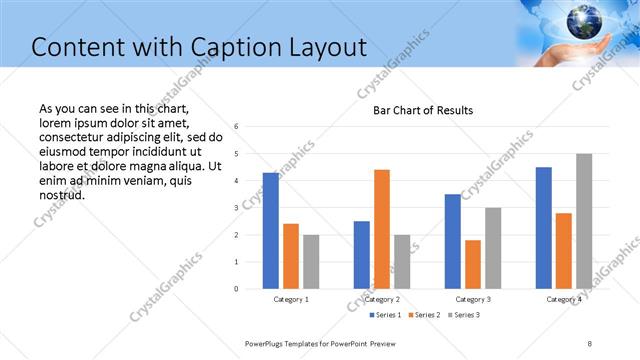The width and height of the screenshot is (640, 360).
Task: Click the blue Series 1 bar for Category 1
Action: (x=271, y=231)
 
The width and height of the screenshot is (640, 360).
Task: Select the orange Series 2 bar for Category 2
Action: (x=382, y=229)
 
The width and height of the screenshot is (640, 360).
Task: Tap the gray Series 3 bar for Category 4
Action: (x=584, y=221)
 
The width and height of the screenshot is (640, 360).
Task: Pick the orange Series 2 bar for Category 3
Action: (x=473, y=264)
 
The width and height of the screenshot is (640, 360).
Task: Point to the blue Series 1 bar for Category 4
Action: (x=544, y=228)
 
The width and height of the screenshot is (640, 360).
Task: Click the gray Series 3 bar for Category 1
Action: (x=311, y=262)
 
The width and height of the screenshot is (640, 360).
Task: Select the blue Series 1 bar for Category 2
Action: (x=362, y=255)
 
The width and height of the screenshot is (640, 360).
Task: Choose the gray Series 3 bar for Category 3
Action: (x=493, y=248)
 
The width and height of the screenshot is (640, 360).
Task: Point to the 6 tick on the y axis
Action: (x=235, y=127)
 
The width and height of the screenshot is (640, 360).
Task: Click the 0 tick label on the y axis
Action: (x=235, y=289)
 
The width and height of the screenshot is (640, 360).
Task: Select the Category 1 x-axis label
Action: (x=291, y=299)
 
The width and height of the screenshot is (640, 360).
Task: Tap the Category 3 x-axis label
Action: (x=473, y=299)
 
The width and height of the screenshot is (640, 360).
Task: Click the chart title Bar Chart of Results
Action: (x=423, y=110)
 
